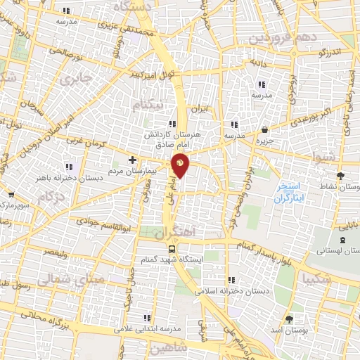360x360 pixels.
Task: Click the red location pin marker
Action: pyautogui.click(x=180, y=165)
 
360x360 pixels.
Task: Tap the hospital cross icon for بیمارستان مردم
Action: pyautogui.click(x=132, y=160)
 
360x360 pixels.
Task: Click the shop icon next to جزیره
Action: pyautogui.click(x=264, y=130)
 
